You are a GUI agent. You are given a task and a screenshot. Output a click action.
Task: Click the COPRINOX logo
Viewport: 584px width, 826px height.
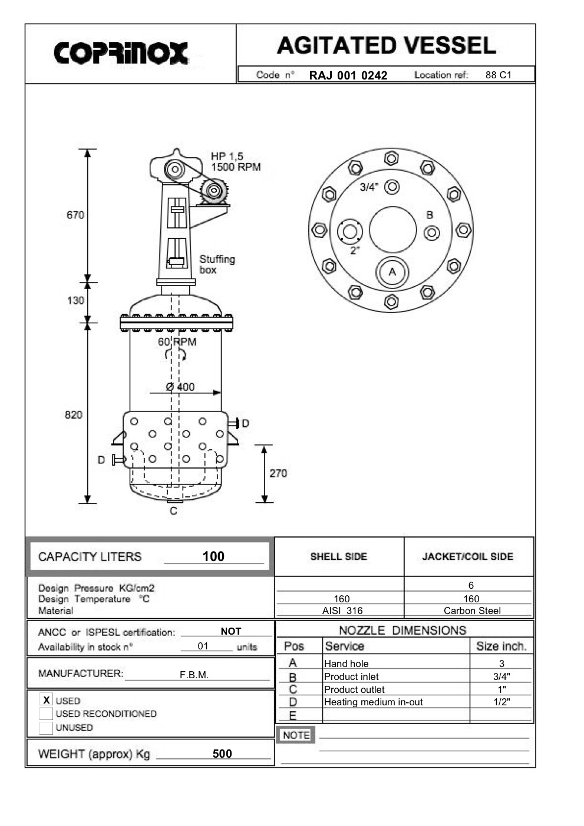121,54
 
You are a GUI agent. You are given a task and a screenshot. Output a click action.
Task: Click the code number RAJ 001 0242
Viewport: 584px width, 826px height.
348,75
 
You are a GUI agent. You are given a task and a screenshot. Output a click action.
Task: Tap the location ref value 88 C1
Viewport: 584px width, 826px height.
499,75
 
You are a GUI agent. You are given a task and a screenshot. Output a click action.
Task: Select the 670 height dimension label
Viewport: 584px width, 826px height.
75,215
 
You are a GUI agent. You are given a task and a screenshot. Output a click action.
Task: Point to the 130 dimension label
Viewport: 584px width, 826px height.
75,300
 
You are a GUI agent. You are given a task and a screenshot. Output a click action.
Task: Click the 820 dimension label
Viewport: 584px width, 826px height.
74,415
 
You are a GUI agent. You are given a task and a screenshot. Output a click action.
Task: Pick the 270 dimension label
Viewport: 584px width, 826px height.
278,473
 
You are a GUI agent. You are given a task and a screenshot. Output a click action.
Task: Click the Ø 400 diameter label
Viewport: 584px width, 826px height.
180,387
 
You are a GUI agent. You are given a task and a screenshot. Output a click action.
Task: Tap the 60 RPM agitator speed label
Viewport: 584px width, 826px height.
177,342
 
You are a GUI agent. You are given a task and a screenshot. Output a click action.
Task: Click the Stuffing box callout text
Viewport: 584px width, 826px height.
217,264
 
